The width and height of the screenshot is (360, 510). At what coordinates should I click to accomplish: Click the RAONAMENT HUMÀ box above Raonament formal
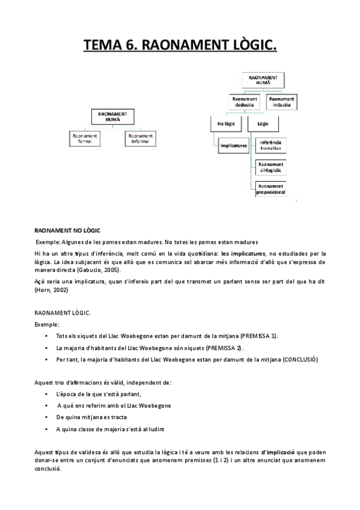(x=114, y=116)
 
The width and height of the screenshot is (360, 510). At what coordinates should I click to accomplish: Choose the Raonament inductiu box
(x=282, y=101)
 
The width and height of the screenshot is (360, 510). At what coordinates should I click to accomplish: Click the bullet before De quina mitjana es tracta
(x=46, y=417)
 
